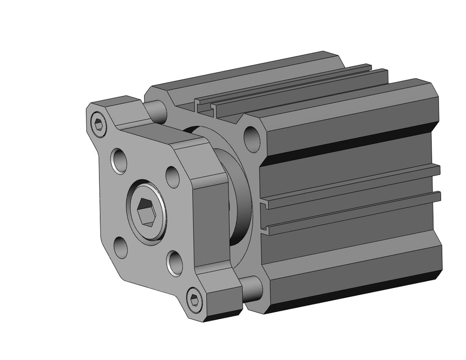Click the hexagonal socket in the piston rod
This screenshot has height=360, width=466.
[x=146, y=211]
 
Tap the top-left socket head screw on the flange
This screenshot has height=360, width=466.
[x=99, y=123]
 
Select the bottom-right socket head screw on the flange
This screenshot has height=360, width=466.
[x=194, y=300]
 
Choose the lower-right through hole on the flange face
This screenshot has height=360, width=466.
[x=174, y=262]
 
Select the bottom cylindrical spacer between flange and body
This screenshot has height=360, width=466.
[x=252, y=289]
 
